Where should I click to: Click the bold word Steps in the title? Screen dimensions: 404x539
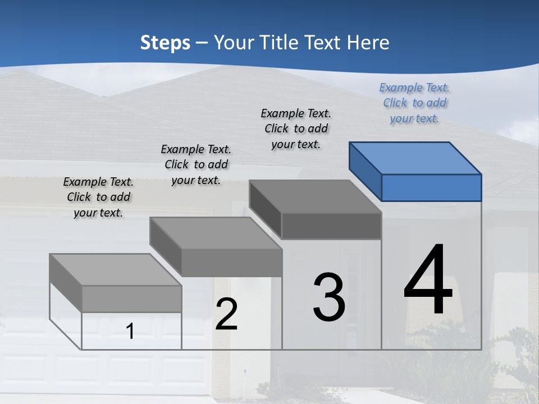[165, 43]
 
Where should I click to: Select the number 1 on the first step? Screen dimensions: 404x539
[130, 332]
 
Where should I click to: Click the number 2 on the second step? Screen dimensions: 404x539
[226, 314]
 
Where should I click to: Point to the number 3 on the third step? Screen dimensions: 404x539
[328, 297]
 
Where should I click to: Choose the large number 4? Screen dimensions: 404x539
[428, 281]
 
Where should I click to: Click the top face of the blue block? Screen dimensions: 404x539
[415, 158]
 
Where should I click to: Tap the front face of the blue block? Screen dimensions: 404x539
[431, 187]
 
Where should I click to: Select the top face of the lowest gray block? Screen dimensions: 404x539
[115, 269]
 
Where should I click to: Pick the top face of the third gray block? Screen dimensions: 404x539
[315, 196]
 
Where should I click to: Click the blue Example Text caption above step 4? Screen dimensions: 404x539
[414, 103]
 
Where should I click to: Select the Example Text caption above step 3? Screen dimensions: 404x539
[296, 128]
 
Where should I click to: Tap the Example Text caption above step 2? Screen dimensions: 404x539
[196, 164]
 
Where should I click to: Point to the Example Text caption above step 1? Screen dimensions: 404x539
[98, 197]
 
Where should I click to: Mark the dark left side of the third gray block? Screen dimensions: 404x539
[265, 209]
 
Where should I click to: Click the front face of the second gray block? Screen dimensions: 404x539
[231, 263]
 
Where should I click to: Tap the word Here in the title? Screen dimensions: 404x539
[369, 43]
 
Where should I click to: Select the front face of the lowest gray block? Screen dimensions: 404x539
[131, 299]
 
